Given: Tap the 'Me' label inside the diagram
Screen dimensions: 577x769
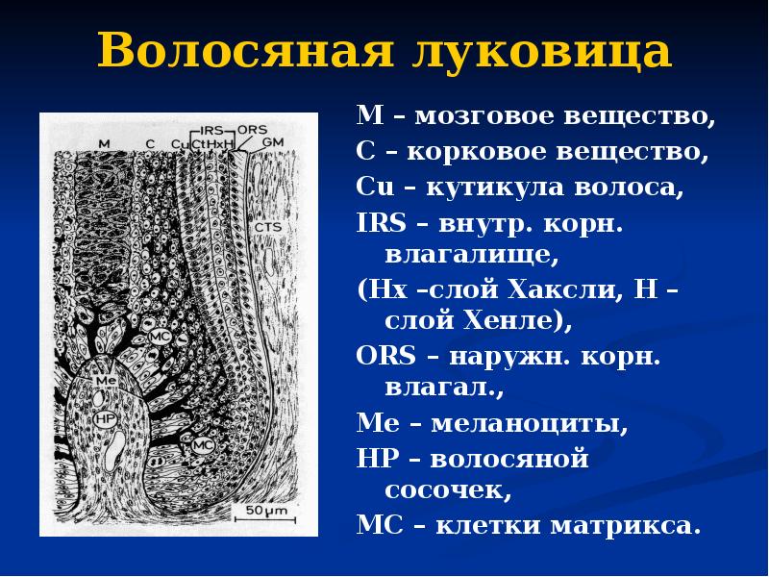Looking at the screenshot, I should click(x=107, y=382).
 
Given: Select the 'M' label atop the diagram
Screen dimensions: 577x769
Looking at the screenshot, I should click(x=105, y=143).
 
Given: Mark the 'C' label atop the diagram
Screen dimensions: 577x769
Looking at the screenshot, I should click(x=150, y=143).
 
